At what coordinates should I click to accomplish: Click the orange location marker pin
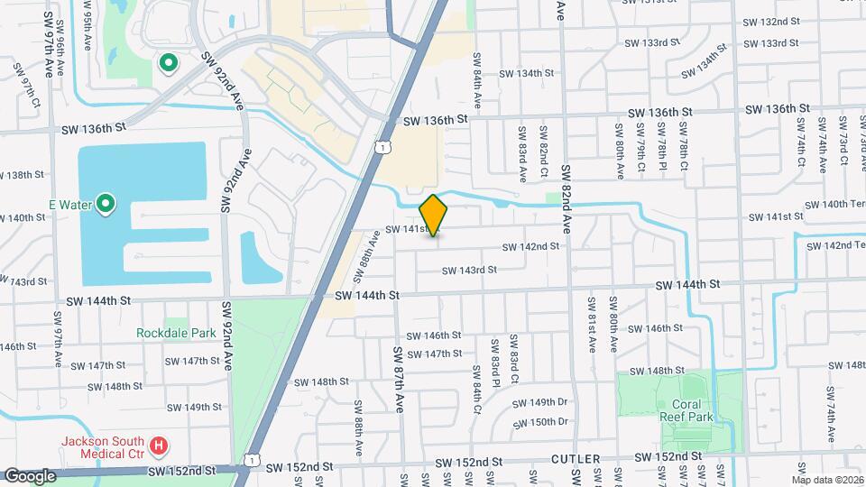[x=433, y=215]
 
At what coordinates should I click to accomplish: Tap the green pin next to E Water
[x=106, y=204]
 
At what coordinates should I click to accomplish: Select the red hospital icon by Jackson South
[x=159, y=445]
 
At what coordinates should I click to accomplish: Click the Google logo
[x=30, y=475]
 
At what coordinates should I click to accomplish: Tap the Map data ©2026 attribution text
[x=827, y=480]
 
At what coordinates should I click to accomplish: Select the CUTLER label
[x=574, y=460]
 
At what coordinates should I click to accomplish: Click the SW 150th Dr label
[x=539, y=421]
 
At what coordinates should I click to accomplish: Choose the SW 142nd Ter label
[x=837, y=245]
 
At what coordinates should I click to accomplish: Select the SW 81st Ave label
[x=593, y=322]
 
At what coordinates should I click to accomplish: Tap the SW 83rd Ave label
[x=522, y=149]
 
